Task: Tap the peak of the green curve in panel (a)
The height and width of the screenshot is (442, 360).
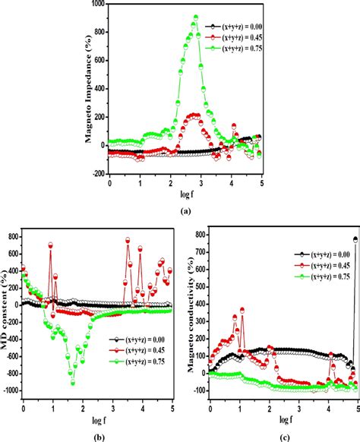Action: click(x=195, y=17)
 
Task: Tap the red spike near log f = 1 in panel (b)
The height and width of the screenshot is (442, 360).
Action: click(x=51, y=245)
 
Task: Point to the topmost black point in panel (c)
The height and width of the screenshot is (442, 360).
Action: click(x=355, y=239)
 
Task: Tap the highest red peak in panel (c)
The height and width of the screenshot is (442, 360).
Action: click(x=242, y=309)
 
